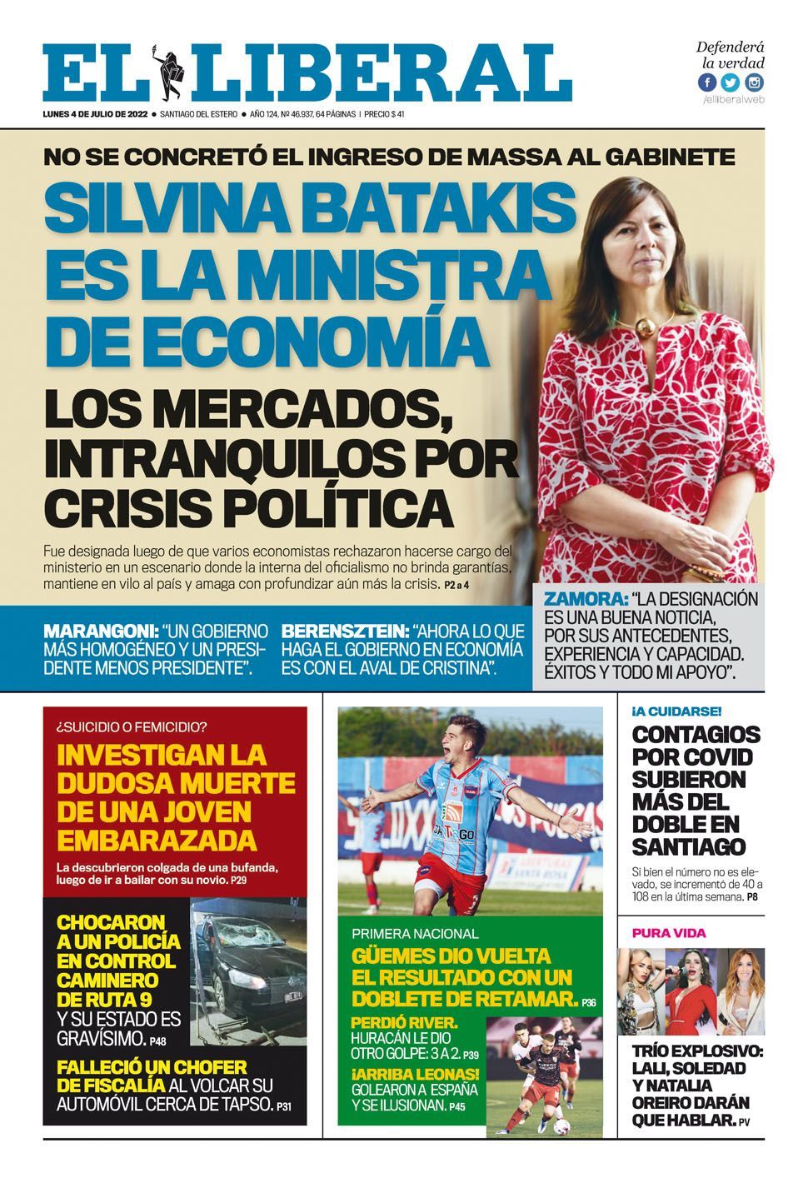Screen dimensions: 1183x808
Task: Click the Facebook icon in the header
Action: pos(707,82)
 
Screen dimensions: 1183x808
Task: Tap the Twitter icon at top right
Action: pos(731,82)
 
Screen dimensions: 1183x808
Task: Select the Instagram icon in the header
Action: pos(754,82)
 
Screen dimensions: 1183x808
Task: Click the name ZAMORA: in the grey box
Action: pos(586,599)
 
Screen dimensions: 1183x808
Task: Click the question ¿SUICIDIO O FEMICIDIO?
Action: pos(132,725)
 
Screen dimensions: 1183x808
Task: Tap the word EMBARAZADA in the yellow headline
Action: pos(156,838)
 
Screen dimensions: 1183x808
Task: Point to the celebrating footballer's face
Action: pos(456,737)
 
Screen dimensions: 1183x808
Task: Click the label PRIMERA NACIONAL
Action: pos(415,934)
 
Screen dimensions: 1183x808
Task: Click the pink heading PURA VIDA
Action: pos(668,932)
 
